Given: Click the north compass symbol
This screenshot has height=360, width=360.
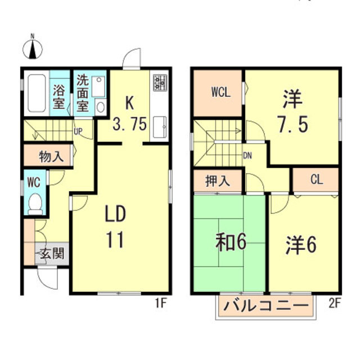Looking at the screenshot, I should tap(33, 48).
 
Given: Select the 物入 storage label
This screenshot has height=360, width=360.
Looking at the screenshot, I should tap(51, 156).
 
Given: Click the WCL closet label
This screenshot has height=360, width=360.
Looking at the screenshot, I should tap(220, 93).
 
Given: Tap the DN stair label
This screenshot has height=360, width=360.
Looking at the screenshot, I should tap(247, 156).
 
